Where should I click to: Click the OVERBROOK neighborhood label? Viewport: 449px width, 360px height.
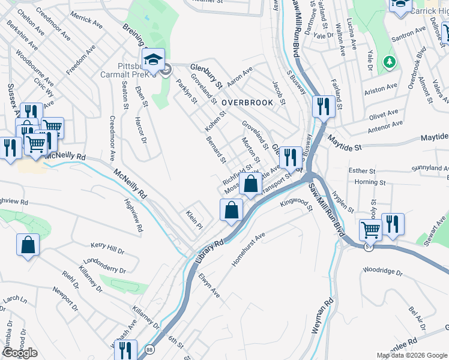click(x=247, y=103)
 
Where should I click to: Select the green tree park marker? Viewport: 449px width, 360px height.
click(x=390, y=62)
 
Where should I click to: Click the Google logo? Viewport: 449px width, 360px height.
click(x=19, y=353)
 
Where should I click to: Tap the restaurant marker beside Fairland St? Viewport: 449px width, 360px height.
click(x=324, y=107)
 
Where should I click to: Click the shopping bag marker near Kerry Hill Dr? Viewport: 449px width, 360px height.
click(x=28, y=245)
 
